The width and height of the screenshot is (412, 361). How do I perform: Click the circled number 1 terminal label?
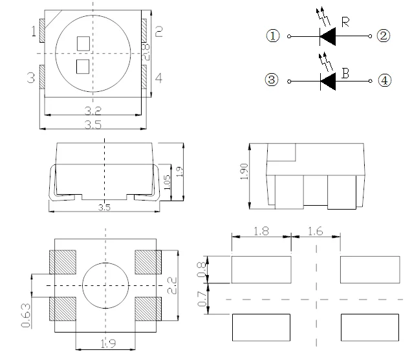273,36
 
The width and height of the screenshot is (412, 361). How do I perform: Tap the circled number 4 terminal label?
384,80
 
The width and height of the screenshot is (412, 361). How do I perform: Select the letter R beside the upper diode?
345,22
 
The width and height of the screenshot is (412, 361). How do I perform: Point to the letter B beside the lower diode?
345,73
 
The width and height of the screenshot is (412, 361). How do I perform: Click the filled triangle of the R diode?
329,36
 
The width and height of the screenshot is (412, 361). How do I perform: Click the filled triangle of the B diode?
329,81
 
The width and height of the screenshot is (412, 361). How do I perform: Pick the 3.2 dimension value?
93,111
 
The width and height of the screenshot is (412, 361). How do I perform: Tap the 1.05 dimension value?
167,182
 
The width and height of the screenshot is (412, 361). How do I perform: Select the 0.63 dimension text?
26,316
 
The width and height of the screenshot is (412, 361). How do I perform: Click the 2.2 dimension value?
172,285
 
